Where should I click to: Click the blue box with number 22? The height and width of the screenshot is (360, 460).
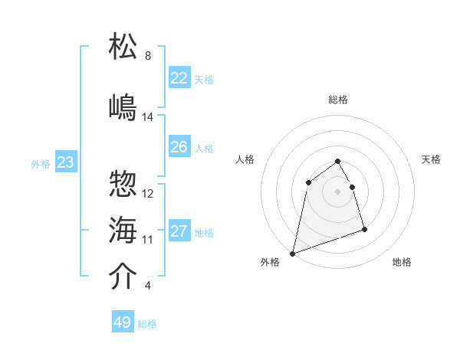[179, 78]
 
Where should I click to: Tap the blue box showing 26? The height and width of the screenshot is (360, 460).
[179, 147]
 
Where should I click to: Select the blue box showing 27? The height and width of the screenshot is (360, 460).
[179, 231]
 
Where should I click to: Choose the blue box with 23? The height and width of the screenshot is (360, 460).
[66, 162]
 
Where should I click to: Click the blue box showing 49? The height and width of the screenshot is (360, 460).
[123, 322]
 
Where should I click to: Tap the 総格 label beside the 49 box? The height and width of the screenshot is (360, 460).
[148, 324]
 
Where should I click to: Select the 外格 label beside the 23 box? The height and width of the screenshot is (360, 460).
[41, 163]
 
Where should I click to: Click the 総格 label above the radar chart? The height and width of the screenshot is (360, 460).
[338, 100]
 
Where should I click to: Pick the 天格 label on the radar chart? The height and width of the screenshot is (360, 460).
[432, 159]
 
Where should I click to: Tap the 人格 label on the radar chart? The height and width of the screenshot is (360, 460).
[245, 159]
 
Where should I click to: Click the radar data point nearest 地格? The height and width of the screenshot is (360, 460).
[364, 229]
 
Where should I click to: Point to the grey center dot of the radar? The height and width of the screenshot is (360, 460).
[338, 191]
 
